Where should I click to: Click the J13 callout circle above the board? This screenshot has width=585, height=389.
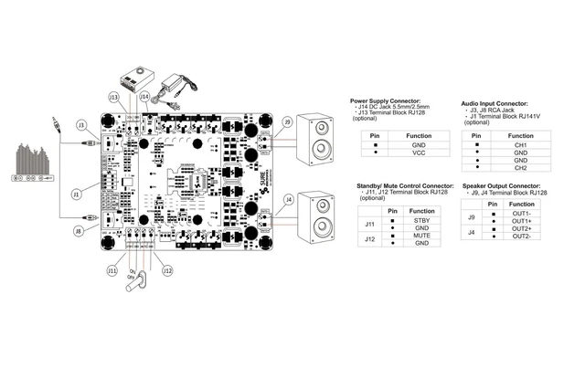113,97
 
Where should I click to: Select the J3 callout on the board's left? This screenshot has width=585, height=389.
81,124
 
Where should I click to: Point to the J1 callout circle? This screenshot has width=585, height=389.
77,193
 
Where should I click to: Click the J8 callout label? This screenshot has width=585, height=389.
79,232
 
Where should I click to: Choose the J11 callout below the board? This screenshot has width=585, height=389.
112,270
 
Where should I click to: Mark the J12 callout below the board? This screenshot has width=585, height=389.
166,270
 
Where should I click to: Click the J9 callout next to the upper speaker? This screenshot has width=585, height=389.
288,121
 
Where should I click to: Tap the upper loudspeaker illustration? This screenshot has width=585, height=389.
319,137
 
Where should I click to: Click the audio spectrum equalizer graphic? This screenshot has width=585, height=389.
29,159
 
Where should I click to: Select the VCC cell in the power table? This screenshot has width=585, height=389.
419,153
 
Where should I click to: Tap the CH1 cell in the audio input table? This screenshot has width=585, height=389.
520,144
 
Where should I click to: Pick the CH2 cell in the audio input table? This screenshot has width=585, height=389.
520,168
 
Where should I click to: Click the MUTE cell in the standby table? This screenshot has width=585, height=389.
422,236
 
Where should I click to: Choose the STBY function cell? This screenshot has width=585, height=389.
422,220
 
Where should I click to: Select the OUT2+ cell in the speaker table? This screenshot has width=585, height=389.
522,229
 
